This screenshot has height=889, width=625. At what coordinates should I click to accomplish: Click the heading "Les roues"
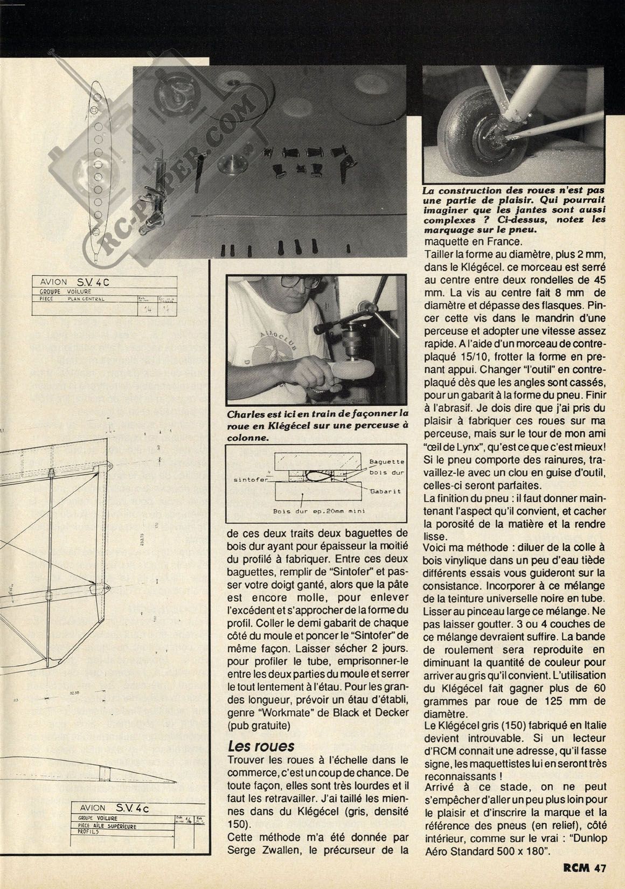[261, 746]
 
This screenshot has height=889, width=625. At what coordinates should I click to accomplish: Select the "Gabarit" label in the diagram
[383, 492]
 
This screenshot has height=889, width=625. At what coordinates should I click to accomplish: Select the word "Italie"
[591, 726]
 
